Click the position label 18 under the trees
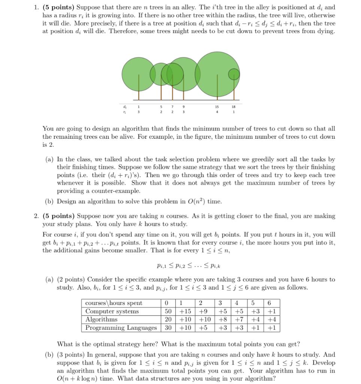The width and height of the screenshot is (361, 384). click(x=234, y=107)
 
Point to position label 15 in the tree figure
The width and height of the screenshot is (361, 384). click(x=216, y=107)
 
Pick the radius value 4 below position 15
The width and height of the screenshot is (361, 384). click(x=216, y=111)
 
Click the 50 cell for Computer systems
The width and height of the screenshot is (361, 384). click(x=169, y=311)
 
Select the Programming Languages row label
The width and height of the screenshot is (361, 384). click(x=121, y=328)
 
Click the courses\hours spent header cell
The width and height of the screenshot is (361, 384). click(x=114, y=303)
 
